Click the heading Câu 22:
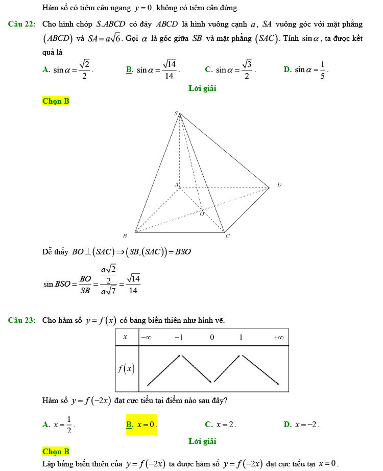(x=21, y=24)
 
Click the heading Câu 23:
(x=21, y=320)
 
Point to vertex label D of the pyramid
(x=279, y=184)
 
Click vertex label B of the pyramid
(x=124, y=237)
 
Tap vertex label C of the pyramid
(x=228, y=237)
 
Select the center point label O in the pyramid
(x=201, y=214)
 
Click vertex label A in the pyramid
(x=176, y=184)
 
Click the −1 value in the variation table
(x=179, y=338)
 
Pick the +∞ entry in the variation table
(x=278, y=338)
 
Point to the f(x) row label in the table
(x=126, y=368)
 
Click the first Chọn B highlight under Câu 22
(x=56, y=101)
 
